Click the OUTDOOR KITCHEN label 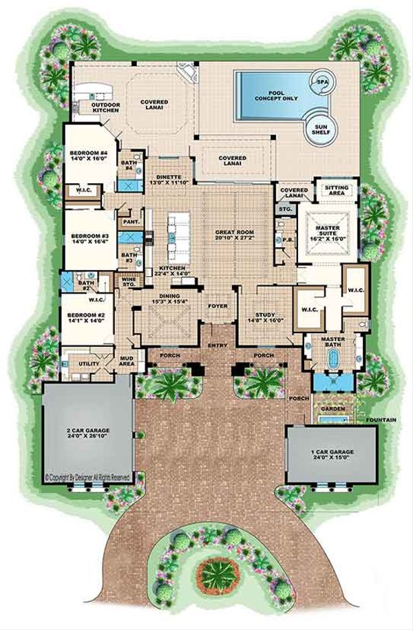[107, 107]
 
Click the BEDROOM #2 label [82, 317]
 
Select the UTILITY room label [89, 364]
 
